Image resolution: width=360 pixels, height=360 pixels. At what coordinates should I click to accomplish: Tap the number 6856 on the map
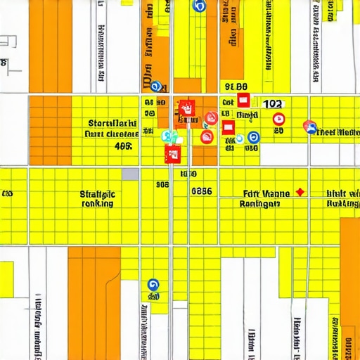click(x=202, y=191)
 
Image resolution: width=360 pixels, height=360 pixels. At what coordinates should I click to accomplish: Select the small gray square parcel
click(x=130, y=174)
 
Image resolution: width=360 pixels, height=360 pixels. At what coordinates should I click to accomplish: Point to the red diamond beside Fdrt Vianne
click(x=300, y=191)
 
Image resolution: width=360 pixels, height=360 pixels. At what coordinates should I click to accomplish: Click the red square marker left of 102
click(x=243, y=100)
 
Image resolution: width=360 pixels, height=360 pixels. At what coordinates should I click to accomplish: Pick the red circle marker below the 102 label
click(x=278, y=119)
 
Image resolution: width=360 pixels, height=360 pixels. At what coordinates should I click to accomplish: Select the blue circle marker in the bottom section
click(x=153, y=285)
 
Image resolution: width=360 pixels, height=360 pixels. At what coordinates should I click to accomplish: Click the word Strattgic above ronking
click(x=98, y=193)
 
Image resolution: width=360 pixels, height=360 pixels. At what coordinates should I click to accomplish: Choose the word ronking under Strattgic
click(x=98, y=203)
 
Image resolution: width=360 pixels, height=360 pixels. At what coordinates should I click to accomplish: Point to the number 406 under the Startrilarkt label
click(x=123, y=147)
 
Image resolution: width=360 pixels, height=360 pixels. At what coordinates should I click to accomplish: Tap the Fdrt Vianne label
click(x=266, y=193)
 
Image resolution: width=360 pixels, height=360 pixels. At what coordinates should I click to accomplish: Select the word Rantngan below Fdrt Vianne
click(x=262, y=203)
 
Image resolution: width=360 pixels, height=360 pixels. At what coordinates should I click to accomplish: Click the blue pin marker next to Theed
click(x=309, y=127)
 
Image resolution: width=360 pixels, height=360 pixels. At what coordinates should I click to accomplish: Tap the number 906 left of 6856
click(x=162, y=185)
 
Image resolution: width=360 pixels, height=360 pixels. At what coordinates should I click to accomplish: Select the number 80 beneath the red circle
click(x=278, y=131)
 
